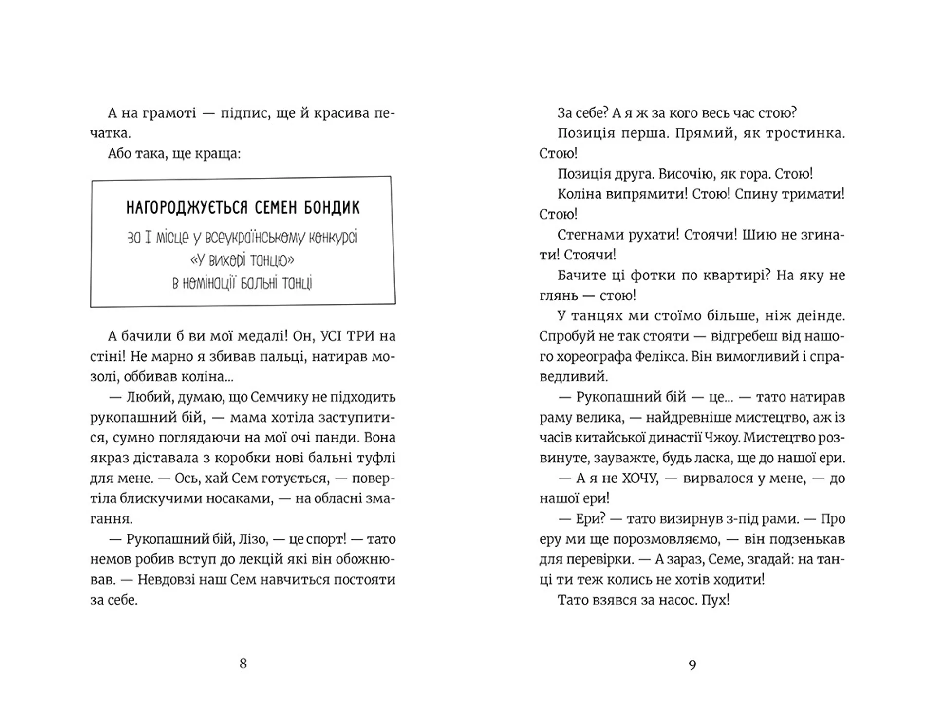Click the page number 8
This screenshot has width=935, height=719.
coord(243,664)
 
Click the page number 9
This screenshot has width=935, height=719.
coord(692,664)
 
